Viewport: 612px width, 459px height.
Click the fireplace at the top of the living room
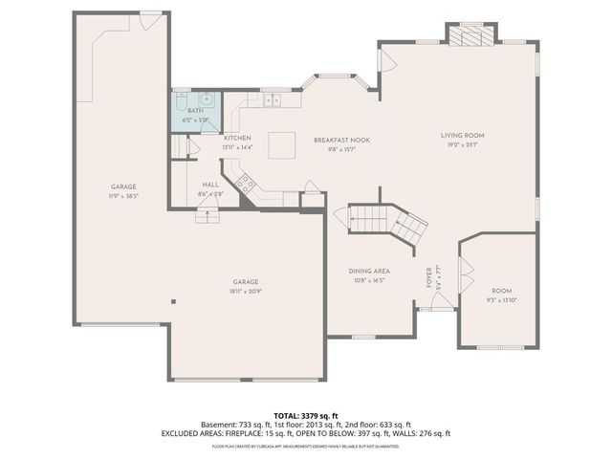471,35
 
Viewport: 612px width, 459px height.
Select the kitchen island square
281,144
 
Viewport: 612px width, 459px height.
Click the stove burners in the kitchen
246,184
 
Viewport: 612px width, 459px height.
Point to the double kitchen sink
272,98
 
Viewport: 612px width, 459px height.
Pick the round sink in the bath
207,98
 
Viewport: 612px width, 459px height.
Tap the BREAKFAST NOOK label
334,140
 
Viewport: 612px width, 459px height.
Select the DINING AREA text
368,271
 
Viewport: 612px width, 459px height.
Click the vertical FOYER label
428,278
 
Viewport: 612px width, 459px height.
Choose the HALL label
210,185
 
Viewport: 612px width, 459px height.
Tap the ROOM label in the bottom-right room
502,291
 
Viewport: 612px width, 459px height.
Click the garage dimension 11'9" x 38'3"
124,195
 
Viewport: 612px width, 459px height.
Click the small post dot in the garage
173,302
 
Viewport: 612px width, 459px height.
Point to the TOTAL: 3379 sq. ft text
306,414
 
